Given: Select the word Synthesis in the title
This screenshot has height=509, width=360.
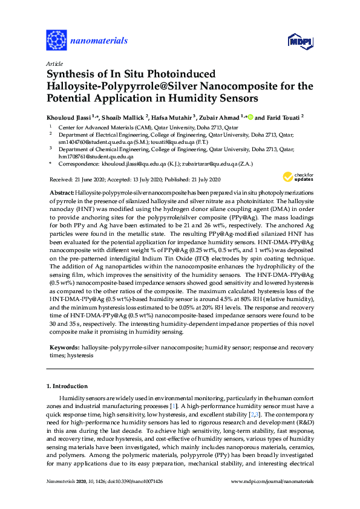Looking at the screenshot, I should (x=71, y=74).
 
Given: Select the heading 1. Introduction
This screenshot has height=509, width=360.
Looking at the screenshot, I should (x=67, y=386).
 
